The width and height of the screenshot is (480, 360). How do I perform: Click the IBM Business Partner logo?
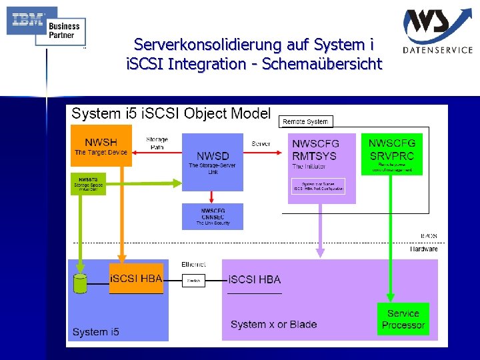click(x=46, y=26)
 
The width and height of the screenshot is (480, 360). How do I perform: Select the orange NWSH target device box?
click(x=101, y=146)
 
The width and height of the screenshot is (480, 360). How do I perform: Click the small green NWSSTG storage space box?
click(x=88, y=183)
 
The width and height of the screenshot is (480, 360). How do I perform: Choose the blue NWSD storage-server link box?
click(x=212, y=162)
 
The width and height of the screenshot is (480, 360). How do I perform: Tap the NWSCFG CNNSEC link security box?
click(x=213, y=217)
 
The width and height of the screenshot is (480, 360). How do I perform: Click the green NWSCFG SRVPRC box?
click(x=392, y=153)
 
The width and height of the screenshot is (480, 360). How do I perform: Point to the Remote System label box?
click(x=305, y=121)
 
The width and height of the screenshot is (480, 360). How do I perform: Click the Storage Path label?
click(x=157, y=143)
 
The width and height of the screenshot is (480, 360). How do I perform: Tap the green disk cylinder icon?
click(x=80, y=283)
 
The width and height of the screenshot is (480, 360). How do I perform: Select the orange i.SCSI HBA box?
click(x=136, y=279)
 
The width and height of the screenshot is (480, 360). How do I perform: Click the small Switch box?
click(x=194, y=281)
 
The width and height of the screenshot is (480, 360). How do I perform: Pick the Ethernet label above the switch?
click(x=193, y=265)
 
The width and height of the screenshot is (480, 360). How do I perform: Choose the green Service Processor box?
click(x=403, y=319)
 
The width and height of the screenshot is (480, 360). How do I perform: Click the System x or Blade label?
click(x=273, y=325)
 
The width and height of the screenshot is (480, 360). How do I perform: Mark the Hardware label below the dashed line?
click(x=424, y=249)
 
